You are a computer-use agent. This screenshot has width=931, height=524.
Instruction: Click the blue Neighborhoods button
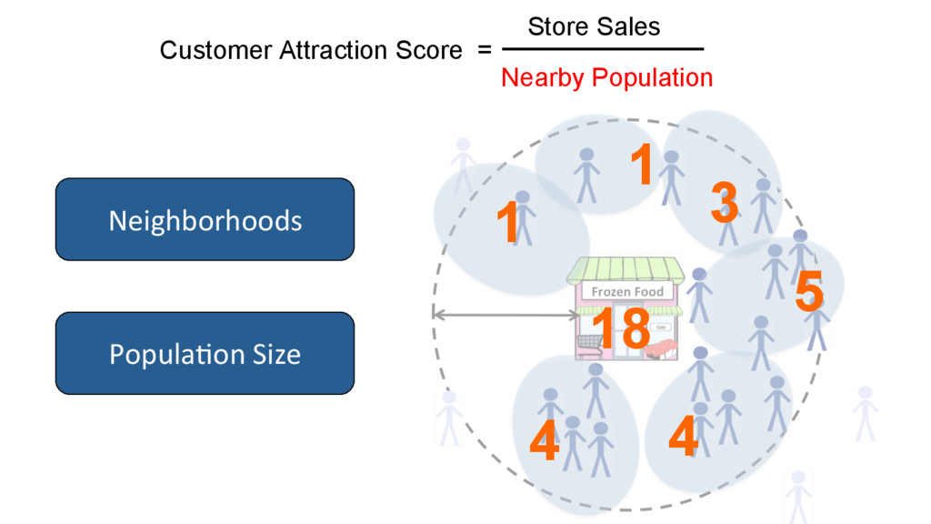click(x=205, y=219)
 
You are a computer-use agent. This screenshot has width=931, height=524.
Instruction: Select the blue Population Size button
click(x=205, y=353)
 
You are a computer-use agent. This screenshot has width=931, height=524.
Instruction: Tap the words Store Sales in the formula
click(x=594, y=26)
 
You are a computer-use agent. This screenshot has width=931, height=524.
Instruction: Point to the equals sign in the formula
click(x=484, y=52)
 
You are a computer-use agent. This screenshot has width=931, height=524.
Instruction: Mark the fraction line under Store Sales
click(x=603, y=50)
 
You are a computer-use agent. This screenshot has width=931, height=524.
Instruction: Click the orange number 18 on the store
click(x=620, y=327)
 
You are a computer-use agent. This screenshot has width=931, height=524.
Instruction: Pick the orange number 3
click(x=724, y=202)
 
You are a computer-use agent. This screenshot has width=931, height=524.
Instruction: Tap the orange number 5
click(x=808, y=293)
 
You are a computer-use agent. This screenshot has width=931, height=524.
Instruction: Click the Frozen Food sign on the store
click(x=628, y=291)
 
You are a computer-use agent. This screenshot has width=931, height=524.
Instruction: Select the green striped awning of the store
click(x=626, y=268)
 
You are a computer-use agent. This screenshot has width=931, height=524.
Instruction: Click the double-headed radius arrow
click(x=504, y=315)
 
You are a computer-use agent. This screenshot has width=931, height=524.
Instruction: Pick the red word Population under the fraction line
click(x=652, y=78)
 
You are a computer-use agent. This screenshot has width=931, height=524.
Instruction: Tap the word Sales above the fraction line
click(x=629, y=26)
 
